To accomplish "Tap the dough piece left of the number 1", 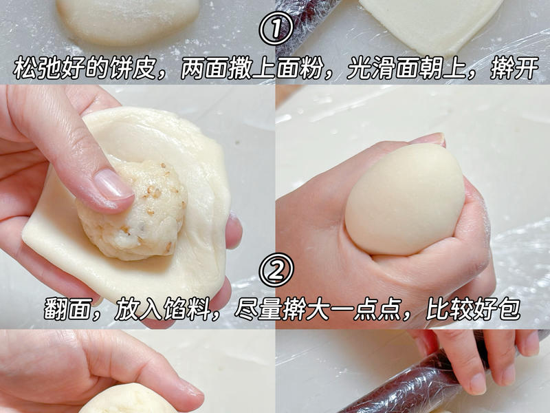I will tap(127, 21).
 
